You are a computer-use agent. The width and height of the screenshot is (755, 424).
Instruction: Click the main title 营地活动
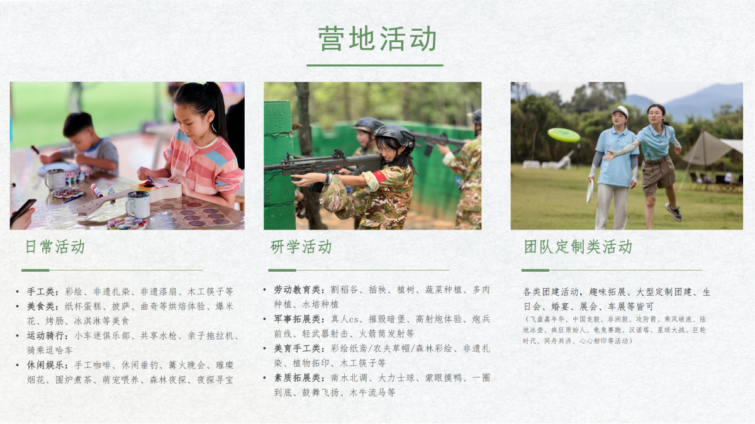[x=377, y=39]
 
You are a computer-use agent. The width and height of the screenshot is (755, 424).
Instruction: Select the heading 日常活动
[x=55, y=247]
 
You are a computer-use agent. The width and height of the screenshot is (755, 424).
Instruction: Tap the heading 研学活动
[x=301, y=247]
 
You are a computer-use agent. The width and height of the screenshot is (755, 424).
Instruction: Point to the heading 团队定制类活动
[x=578, y=247]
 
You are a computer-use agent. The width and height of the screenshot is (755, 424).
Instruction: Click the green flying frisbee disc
[x=564, y=135]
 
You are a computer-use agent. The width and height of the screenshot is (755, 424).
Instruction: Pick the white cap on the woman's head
[x=620, y=111]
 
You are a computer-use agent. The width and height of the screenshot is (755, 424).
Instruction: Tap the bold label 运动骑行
[x=45, y=336]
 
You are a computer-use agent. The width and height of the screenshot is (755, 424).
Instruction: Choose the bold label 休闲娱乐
[x=45, y=365]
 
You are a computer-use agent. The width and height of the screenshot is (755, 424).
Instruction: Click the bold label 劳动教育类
[x=296, y=290]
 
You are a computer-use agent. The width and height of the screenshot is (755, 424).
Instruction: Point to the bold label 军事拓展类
[x=296, y=319]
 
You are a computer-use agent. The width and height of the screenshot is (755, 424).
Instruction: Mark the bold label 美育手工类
[x=296, y=349]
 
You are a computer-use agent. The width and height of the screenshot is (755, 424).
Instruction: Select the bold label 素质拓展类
[x=296, y=378]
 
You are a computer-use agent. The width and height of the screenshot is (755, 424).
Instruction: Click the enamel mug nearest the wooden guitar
[x=138, y=204]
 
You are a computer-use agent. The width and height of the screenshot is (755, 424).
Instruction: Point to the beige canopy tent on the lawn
[x=711, y=150]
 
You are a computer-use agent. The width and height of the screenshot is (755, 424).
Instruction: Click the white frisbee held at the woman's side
[x=590, y=191]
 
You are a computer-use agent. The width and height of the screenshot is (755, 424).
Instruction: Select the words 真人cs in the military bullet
[x=345, y=319]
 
